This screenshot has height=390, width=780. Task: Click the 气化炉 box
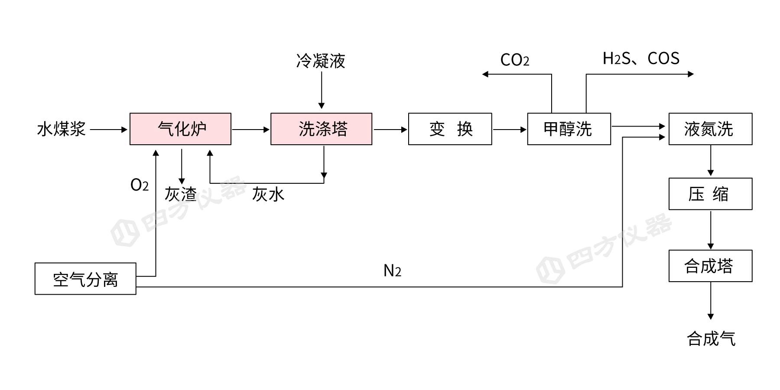[180, 129]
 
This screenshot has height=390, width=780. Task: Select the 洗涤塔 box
[321, 129]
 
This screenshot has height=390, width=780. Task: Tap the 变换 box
[450, 129]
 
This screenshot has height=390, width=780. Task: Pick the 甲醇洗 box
[569, 129]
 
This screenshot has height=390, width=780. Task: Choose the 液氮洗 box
[710, 129]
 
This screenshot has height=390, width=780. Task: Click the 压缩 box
[710, 194]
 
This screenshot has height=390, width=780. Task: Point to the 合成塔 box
[710, 266]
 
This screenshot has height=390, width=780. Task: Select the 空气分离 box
[85, 279]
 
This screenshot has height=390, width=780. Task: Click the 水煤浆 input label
[62, 129]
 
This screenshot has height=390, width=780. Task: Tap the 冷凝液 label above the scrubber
[321, 61]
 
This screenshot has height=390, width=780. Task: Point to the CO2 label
[514, 60]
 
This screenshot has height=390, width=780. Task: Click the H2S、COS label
[641, 58]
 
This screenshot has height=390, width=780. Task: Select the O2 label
[140, 185]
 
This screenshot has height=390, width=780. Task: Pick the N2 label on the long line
[392, 271]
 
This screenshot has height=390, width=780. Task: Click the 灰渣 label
[181, 194]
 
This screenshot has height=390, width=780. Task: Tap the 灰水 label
[268, 194]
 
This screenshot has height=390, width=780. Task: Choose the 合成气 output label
[711, 338]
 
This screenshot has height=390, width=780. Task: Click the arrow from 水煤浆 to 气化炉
[108, 130]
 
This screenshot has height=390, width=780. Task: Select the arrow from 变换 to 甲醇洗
[509, 130]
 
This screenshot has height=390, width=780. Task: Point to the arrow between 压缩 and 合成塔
[711, 230]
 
